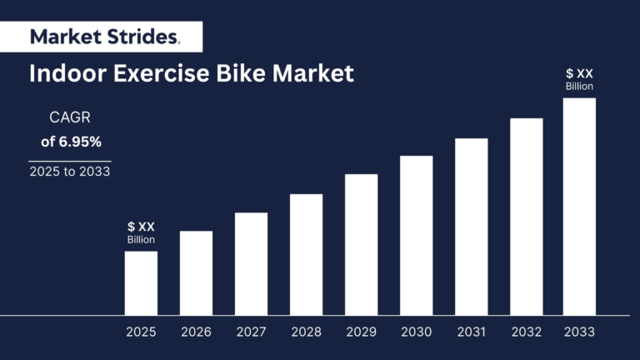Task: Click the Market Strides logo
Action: pyautogui.click(x=103, y=37)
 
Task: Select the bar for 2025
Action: pyautogui.click(x=141, y=283)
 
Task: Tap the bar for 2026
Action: pyautogui.click(x=196, y=273)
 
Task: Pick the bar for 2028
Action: pyautogui.click(x=306, y=255)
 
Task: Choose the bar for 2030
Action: pyautogui.click(x=416, y=236)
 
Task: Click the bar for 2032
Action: pyautogui.click(x=526, y=217)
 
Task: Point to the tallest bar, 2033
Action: pyautogui.click(x=579, y=207)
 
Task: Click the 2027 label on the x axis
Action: pyautogui.click(x=251, y=332)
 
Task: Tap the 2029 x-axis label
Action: pyautogui.click(x=361, y=332)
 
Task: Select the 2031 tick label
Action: pyautogui.click(x=471, y=332)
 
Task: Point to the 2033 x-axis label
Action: pyautogui.click(x=579, y=332)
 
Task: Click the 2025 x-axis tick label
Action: pyautogui.click(x=141, y=332)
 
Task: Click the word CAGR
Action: pyautogui.click(x=70, y=117)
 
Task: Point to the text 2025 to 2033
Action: pyautogui.click(x=70, y=172)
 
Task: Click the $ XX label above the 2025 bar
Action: pyautogui.click(x=141, y=227)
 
